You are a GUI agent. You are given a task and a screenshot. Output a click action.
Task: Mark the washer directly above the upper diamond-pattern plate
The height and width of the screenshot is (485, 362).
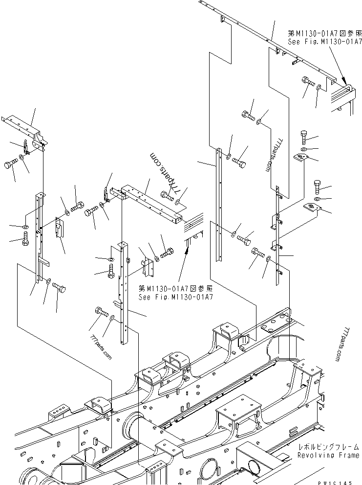pos(303,148)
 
